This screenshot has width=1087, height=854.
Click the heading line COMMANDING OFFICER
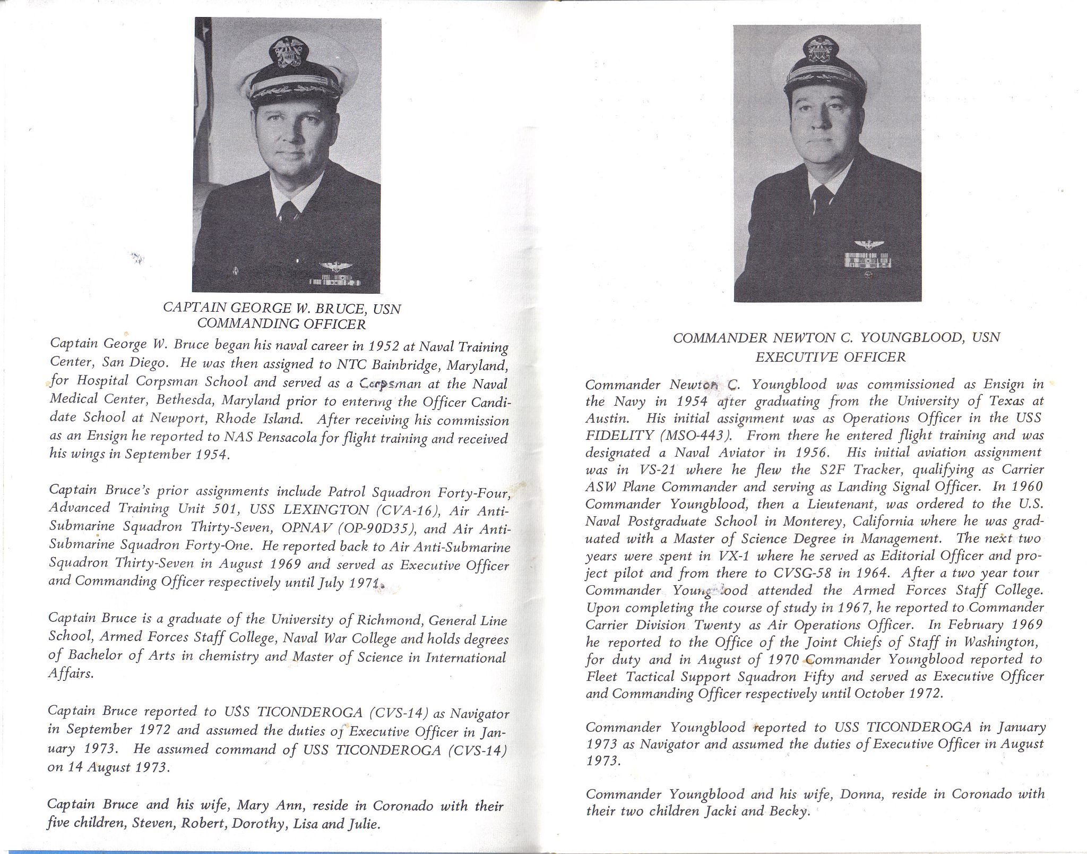[281, 323]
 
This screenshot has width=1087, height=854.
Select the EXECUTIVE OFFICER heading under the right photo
[830, 357]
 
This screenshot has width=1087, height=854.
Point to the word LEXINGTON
[326, 510]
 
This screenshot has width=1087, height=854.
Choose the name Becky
[789, 812]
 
